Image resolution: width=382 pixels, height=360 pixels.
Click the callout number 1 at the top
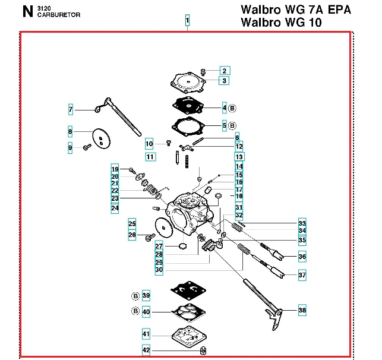coord(187,21)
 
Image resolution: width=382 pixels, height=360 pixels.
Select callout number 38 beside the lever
coord(302,310)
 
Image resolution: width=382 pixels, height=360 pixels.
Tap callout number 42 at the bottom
coord(146,350)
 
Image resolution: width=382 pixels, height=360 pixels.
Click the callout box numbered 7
coord(70,109)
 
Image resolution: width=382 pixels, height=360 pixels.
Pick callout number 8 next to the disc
coord(70,131)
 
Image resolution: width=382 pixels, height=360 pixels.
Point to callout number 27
coord(159,246)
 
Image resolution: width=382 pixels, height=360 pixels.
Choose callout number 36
coord(302,257)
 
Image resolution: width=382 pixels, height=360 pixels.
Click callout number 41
coord(146,333)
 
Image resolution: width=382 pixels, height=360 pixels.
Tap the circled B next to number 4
coord(232,108)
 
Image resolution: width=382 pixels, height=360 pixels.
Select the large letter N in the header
coord(27,11)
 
